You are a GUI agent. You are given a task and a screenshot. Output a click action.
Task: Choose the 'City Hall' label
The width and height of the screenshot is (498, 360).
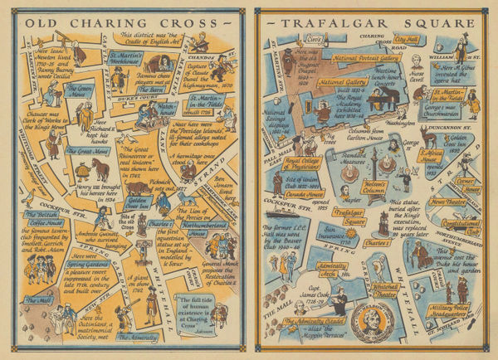[406, 39]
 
